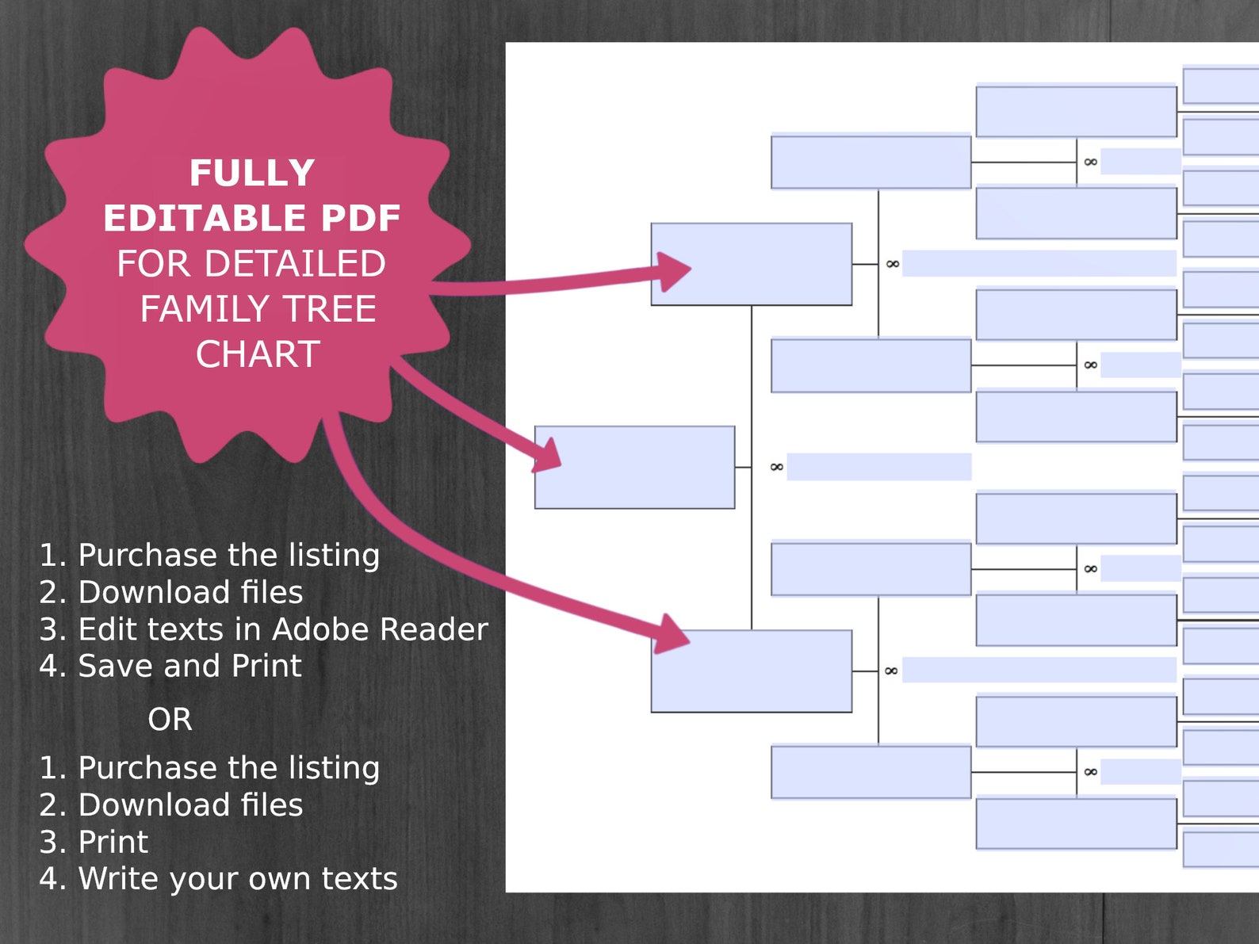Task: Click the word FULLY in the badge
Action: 252,173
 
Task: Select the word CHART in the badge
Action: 258,354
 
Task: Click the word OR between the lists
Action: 170,720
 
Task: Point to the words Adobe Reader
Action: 380,629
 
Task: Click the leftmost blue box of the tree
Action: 634,468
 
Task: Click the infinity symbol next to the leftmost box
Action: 777,467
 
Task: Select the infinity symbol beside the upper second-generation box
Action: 893,264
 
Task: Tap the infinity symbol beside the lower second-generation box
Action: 891,671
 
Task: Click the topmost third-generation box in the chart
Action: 871,162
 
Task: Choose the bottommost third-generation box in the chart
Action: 871,772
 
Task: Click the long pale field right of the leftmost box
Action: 879,467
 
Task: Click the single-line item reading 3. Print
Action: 113,842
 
